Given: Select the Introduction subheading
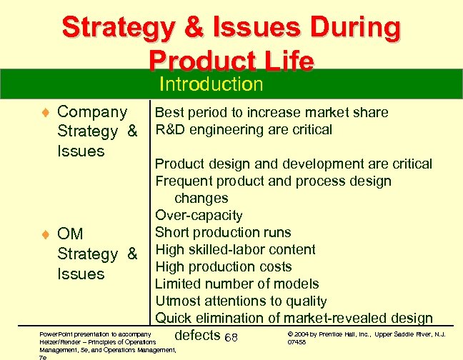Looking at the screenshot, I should pos(211,85).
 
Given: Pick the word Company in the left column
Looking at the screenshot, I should pos(92,112).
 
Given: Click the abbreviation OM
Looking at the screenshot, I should pos(70,234).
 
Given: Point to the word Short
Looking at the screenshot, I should pos(173,232).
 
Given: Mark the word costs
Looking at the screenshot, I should pos(275,266).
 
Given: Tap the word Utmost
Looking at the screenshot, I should pos(179,301).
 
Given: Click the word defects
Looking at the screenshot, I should pos(197,335).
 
